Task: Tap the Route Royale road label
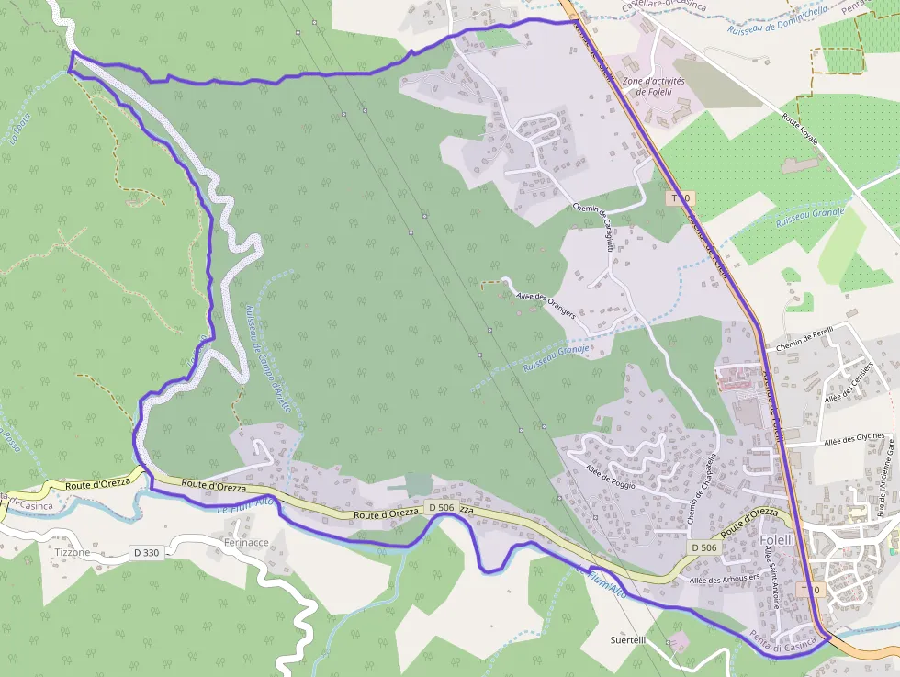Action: coord(799,130)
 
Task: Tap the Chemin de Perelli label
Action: coord(804,340)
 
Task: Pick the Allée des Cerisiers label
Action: coord(848,381)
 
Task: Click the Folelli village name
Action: coord(777,539)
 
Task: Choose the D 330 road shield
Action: coord(145,553)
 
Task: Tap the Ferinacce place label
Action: coord(246,543)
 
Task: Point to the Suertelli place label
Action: coord(629,639)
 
